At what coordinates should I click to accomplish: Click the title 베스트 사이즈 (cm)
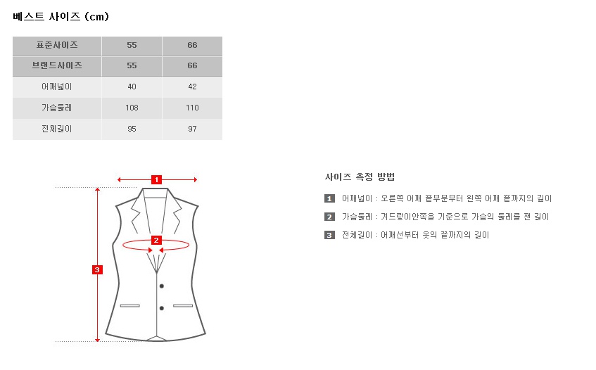tap(61, 17)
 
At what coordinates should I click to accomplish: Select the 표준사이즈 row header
tap(57, 45)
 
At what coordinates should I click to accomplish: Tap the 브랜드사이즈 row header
tap(57, 65)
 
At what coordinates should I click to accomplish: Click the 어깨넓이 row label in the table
tap(56, 87)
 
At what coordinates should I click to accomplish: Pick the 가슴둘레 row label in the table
tap(56, 108)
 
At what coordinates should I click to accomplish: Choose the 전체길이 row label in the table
tap(56, 129)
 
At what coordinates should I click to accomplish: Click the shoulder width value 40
tap(132, 87)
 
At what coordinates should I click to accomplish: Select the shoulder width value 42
tap(192, 87)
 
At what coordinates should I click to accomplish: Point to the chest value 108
tap(132, 108)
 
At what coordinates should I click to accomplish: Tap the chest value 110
tap(192, 108)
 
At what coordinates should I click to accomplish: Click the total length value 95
tap(132, 129)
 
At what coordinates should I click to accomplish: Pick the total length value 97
tap(192, 129)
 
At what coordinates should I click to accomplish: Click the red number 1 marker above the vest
tap(157, 179)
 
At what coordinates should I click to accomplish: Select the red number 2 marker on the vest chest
tap(156, 240)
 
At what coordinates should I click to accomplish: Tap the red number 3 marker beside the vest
tap(97, 269)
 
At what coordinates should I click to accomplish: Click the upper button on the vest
tap(162, 286)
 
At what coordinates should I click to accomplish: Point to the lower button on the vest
tap(162, 308)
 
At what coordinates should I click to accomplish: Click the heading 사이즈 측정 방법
tap(360, 177)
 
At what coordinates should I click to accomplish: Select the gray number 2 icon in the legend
tap(329, 217)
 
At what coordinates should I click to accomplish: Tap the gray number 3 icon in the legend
tap(329, 235)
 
